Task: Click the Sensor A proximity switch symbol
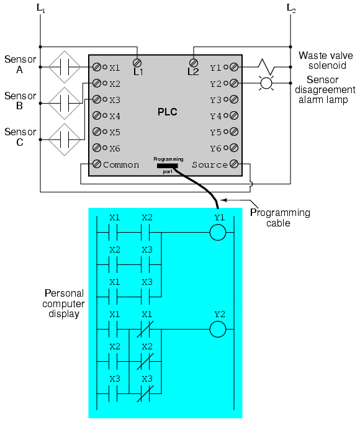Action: pyautogui.click(x=65, y=67)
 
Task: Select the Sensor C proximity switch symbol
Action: pyautogui.click(x=65, y=140)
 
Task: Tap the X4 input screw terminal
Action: pyautogui.click(x=97, y=115)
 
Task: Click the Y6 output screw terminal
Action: pyautogui.click(x=234, y=148)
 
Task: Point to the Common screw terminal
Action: pyautogui.click(x=97, y=164)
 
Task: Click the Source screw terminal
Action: pyautogui.click(x=234, y=164)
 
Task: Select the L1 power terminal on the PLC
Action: pyautogui.click(x=137, y=63)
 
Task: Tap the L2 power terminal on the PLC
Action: pyautogui.click(x=193, y=63)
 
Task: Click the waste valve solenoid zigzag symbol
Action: pyautogui.click(x=266, y=67)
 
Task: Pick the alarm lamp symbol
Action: pyautogui.click(x=266, y=83)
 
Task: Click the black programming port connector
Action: pyautogui.click(x=167, y=166)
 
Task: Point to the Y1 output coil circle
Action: pyautogui.click(x=218, y=232)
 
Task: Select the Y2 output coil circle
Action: pyautogui.click(x=218, y=329)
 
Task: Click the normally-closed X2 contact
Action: pyautogui.click(x=145, y=361)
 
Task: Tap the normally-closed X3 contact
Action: pyautogui.click(x=145, y=393)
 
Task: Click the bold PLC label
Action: pyautogui.click(x=167, y=112)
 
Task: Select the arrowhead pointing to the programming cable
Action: pyautogui.click(x=223, y=200)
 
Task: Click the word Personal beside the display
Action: pyautogui.click(x=64, y=293)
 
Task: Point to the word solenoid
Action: pyautogui.click(x=327, y=65)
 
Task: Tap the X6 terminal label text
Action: pyautogui.click(x=115, y=148)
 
